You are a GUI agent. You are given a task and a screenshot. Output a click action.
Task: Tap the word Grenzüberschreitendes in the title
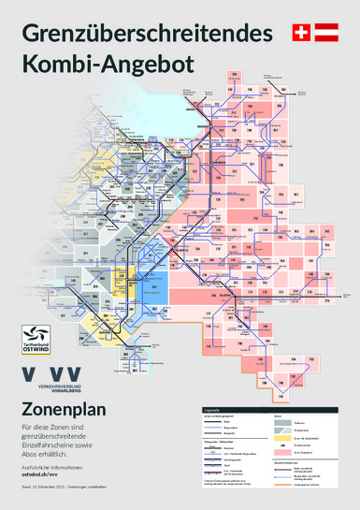(x=146, y=35)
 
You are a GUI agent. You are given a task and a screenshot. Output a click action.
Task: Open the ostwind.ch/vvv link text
(x=45, y=474)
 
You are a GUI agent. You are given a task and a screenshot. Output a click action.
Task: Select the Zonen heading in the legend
(x=279, y=417)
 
